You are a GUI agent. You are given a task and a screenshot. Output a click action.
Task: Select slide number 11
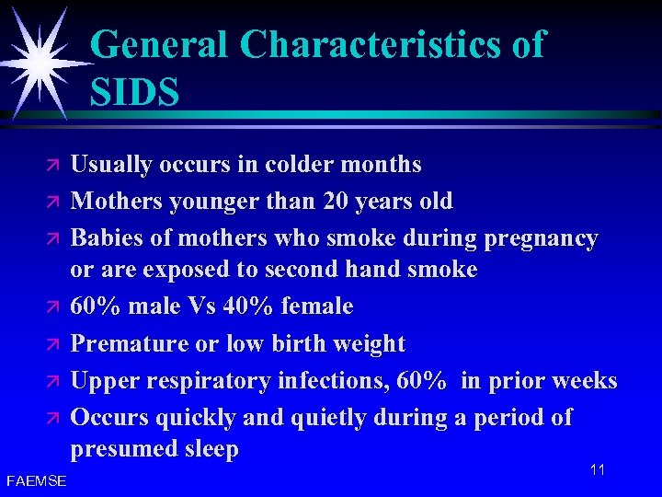pyautogui.click(x=598, y=470)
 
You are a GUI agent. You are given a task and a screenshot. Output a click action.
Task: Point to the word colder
pyautogui.click(x=297, y=166)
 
